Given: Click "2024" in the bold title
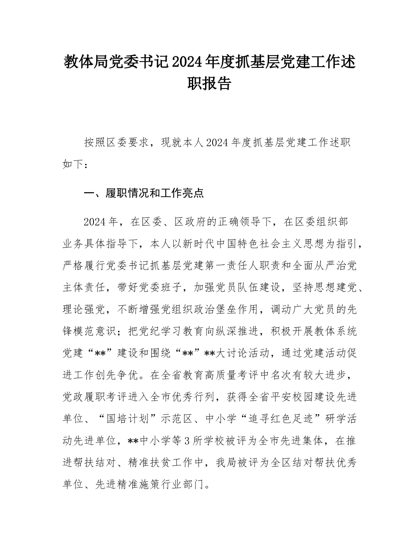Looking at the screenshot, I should (186, 63).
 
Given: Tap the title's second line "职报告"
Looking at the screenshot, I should (209, 84).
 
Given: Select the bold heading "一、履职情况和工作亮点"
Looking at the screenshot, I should (144, 193).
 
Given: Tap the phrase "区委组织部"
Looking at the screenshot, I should (322, 222).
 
